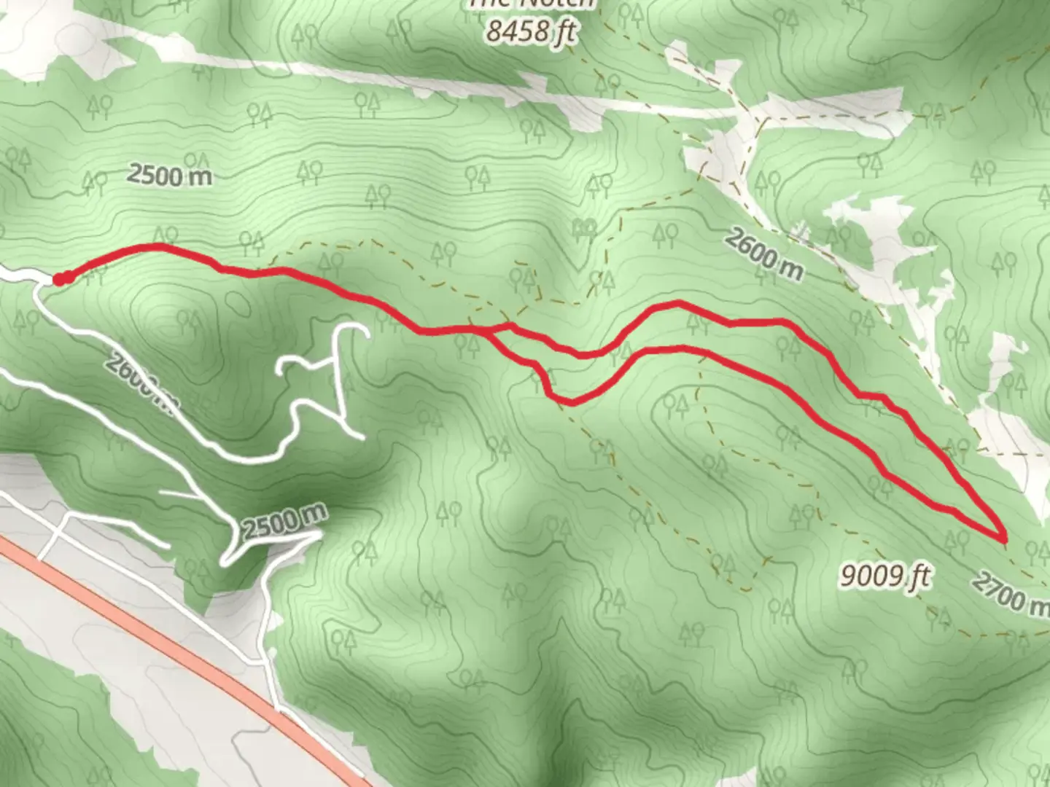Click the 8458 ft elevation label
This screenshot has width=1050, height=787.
point(532,31)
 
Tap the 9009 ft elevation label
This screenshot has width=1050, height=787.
point(884,576)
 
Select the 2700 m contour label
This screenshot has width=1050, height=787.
point(1011,592)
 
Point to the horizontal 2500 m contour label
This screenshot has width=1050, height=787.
point(170,175)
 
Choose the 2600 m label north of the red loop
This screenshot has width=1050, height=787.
point(763,253)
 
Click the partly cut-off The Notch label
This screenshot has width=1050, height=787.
point(532,4)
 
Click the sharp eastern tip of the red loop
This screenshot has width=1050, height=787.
point(1005,539)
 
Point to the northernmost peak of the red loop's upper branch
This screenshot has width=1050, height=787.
point(678,302)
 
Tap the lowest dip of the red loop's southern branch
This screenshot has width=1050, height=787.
point(572,402)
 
